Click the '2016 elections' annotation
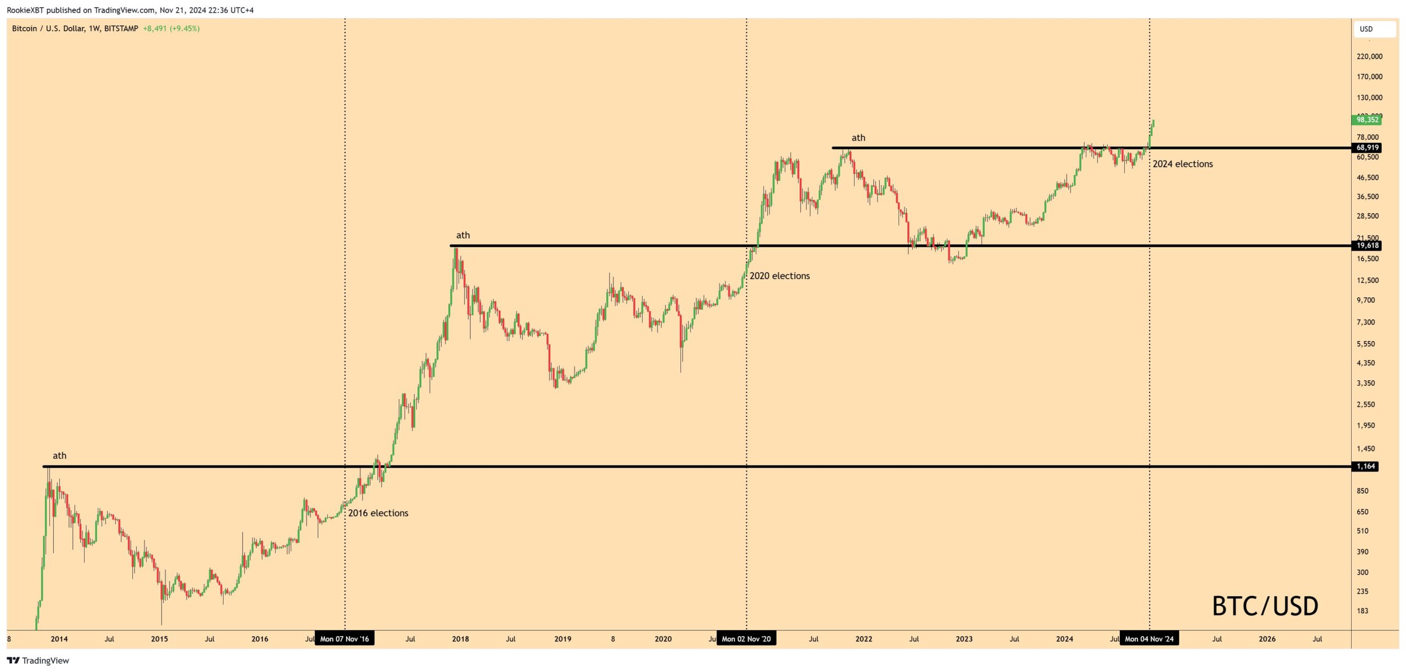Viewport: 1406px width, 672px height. click(378, 513)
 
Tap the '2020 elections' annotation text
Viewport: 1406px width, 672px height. click(779, 276)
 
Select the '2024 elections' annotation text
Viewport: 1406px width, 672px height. click(1182, 164)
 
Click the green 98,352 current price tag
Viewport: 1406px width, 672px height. click(1366, 120)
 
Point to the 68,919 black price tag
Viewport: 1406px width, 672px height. click(1366, 148)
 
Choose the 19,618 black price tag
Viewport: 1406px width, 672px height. click(1366, 246)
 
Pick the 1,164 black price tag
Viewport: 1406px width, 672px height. click(1365, 466)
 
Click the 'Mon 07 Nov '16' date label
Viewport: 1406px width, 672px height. click(344, 638)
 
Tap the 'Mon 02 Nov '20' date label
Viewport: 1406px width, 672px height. click(746, 638)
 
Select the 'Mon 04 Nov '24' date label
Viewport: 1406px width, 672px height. click(1149, 638)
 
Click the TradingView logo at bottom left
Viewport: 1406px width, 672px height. click(38, 660)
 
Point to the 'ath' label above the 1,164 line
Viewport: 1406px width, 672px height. click(59, 456)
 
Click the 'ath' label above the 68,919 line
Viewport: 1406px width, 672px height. click(858, 138)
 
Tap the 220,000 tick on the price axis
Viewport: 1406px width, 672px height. click(1369, 57)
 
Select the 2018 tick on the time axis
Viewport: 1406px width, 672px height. click(460, 639)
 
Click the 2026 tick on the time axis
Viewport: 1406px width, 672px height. click(1267, 639)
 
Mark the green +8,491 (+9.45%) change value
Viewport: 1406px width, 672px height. click(171, 29)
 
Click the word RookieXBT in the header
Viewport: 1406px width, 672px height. click(25, 10)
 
